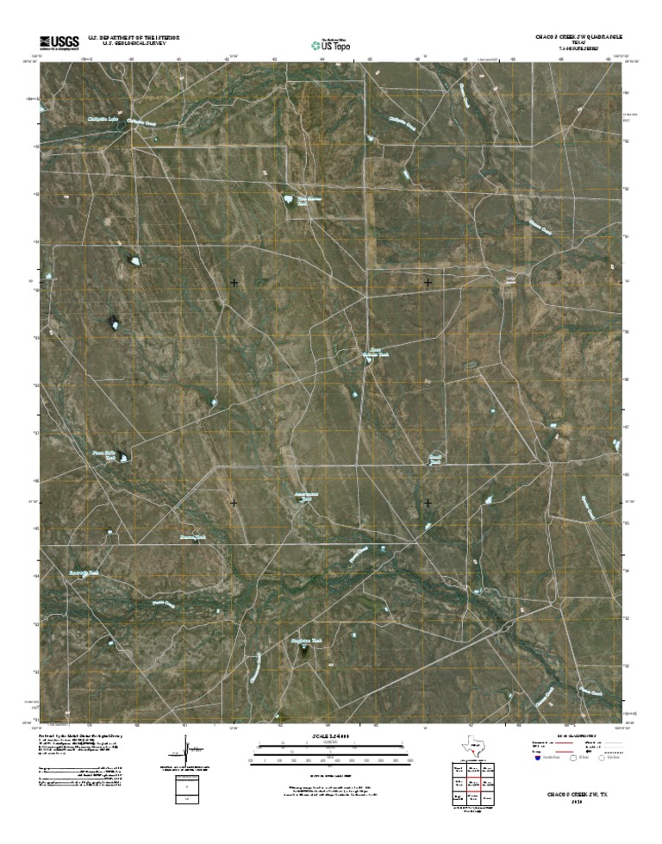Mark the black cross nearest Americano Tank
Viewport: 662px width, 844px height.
(234, 502)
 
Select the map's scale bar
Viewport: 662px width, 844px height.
(331, 755)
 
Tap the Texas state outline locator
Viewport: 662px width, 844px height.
(472, 747)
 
